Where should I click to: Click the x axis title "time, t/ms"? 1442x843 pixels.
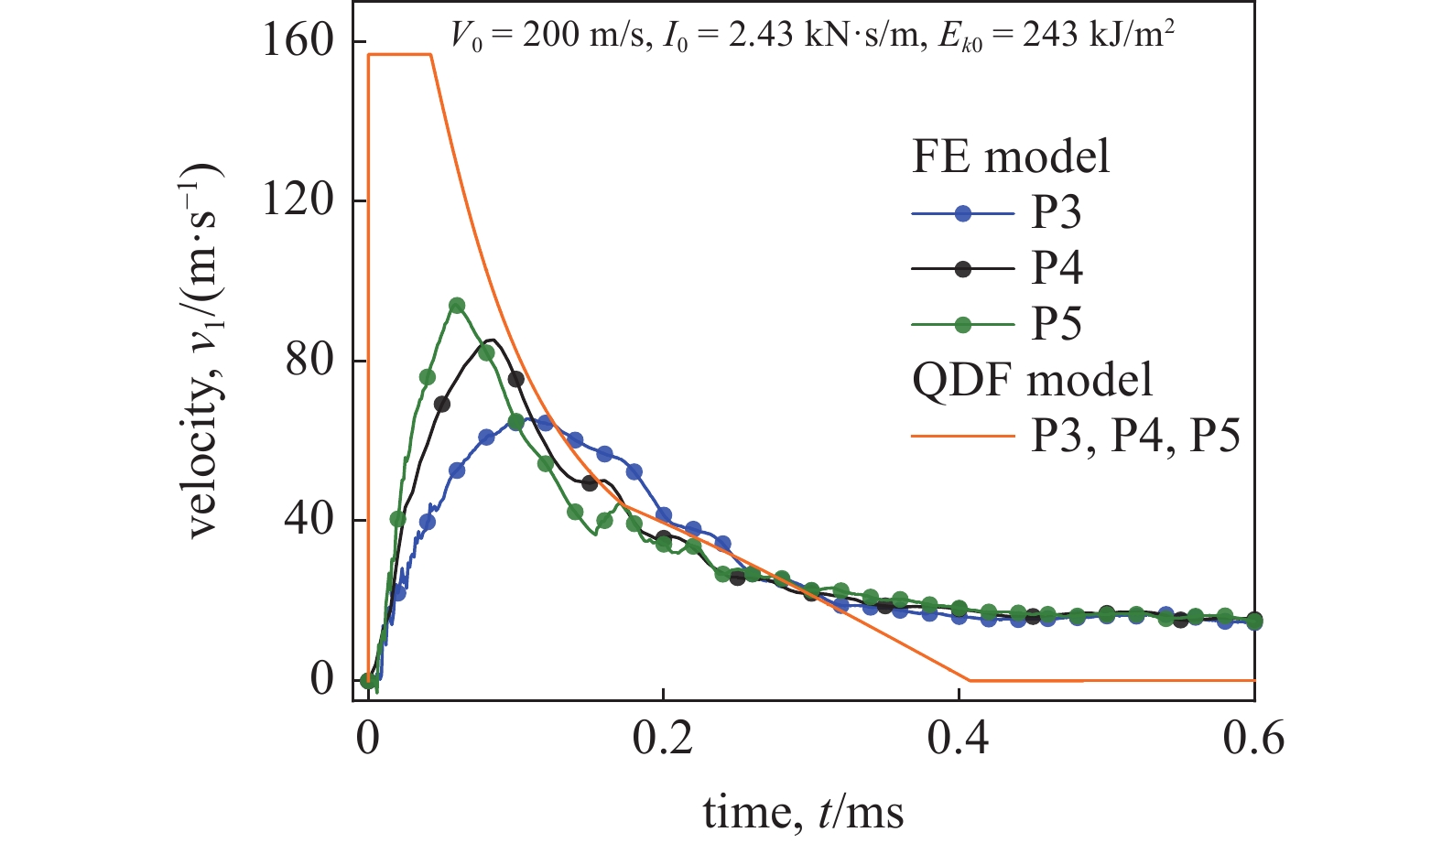click(803, 811)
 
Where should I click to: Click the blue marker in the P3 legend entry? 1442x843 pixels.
click(962, 214)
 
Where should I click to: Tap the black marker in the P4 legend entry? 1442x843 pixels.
click(962, 269)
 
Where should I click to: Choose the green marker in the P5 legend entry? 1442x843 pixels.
click(962, 324)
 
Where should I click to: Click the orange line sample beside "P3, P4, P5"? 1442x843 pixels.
click(962, 436)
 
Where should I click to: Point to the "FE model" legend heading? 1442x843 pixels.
click(1010, 157)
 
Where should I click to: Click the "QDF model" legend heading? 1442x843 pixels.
click(1032, 380)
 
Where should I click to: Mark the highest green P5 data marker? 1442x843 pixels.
click(457, 306)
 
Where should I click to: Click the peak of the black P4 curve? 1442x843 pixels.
click(492, 340)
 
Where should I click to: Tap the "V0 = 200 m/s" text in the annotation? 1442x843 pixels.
click(547, 37)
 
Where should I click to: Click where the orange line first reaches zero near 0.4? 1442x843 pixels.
click(969, 680)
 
